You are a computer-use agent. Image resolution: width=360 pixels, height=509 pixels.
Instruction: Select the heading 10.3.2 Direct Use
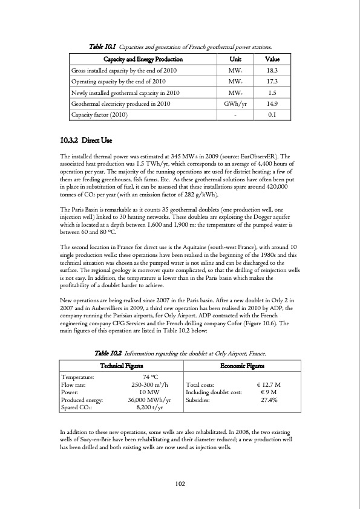tap(87, 141)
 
